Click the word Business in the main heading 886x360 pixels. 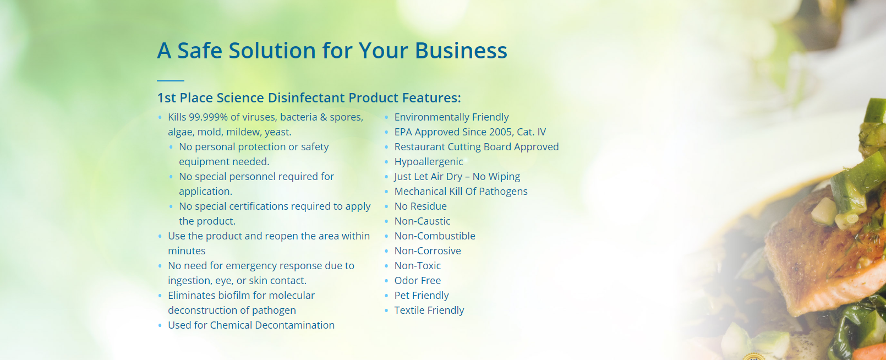tap(461, 51)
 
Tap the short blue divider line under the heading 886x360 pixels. tap(171, 80)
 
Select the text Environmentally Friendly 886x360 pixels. tap(451, 117)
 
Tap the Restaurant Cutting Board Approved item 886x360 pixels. tap(477, 147)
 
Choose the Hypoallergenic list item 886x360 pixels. tap(428, 162)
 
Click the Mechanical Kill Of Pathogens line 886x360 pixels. tap(461, 192)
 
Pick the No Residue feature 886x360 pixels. tap(420, 206)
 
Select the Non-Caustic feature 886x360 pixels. tap(422, 221)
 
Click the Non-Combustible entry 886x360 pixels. tap(435, 236)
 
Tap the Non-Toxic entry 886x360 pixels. tap(417, 266)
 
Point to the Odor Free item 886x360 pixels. tap(417, 281)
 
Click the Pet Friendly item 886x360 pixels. tap(421, 296)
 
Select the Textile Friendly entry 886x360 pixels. tap(429, 310)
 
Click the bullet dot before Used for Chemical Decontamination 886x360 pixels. tap(160, 325)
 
